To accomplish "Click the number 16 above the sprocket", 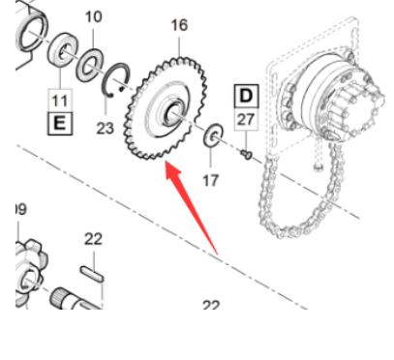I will pyautogui.click(x=178, y=24).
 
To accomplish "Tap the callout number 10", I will pyautogui.click(x=94, y=16).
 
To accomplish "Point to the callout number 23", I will pyautogui.click(x=105, y=126).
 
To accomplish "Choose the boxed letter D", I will pyautogui.click(x=247, y=95).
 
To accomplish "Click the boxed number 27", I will pyautogui.click(x=247, y=119).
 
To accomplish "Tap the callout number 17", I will pyautogui.click(x=210, y=179).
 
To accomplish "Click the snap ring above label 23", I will pyautogui.click(x=118, y=82).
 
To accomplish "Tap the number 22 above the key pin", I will pyautogui.click(x=93, y=239).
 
